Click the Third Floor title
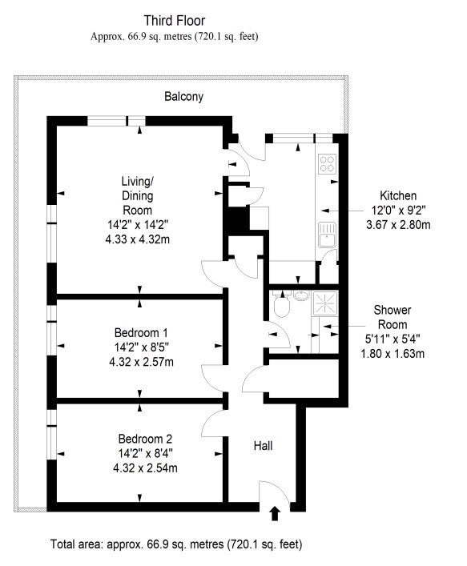point(175,21)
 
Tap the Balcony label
point(183,96)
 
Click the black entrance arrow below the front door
point(275,514)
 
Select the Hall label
point(263,445)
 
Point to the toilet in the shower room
point(282,305)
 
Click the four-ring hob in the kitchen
point(328,163)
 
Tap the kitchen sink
point(328,235)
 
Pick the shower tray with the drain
point(325,303)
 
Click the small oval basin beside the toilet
point(301,295)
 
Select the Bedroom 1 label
point(141,332)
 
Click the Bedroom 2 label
point(145,439)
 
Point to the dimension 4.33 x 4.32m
point(138,239)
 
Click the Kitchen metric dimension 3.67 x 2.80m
point(398,225)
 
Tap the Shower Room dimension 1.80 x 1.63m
point(393,353)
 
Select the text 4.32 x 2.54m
point(145,468)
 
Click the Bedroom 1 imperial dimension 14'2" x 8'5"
point(142,347)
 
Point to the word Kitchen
point(398,195)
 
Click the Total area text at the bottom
point(176,544)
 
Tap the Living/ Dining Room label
point(137,195)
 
